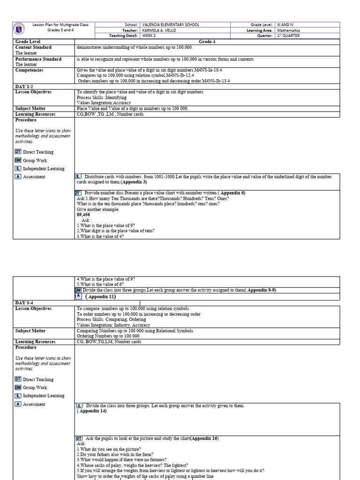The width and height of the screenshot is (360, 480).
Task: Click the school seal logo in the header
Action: [x=20, y=30]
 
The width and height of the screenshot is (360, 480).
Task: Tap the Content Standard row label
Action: [x=33, y=47]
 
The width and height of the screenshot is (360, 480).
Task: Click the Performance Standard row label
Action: [x=38, y=59]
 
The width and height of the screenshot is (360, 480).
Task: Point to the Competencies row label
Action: [x=29, y=70]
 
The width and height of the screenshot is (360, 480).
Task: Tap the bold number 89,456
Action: [x=83, y=214]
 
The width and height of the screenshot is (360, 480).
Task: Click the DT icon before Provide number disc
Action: [x=78, y=193]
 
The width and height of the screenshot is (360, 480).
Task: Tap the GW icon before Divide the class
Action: [x=78, y=290]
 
